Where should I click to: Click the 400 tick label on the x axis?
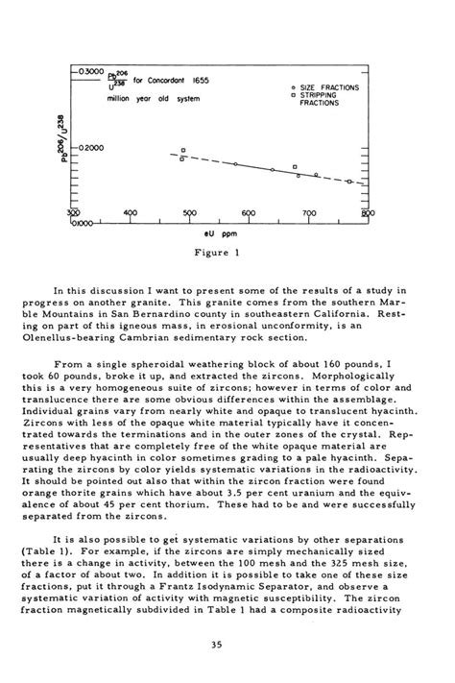coord(131,213)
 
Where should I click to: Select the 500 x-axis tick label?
coord(189,213)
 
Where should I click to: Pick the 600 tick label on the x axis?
coord(250,213)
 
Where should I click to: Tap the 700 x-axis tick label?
coord(309,213)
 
